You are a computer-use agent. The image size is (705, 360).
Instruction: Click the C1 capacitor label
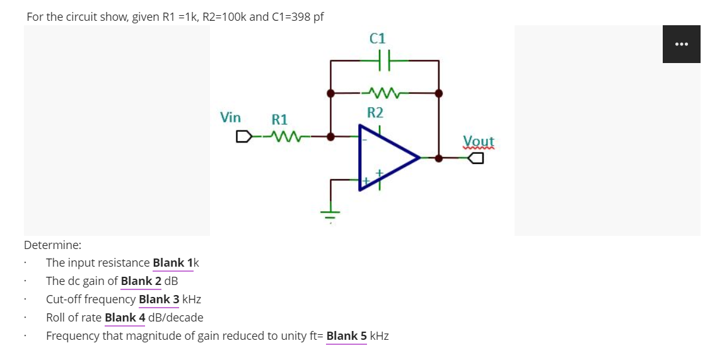coord(376,38)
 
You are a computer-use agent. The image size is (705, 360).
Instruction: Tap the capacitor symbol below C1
coord(385,61)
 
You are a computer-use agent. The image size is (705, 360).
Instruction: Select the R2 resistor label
coord(375,113)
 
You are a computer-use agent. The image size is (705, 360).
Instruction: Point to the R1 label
coord(279,119)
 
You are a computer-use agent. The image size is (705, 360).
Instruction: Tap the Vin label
coord(230,117)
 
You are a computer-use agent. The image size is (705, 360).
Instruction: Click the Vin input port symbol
coord(243,136)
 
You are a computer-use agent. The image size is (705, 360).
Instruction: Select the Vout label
coord(479,141)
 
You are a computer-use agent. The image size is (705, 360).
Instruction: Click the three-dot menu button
coord(681,44)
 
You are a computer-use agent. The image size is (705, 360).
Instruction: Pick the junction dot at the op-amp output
coord(439,158)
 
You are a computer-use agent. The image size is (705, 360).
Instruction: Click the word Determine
coord(52,245)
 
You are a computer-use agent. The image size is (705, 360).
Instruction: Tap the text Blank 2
coord(141,281)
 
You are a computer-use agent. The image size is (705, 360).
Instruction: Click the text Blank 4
coord(125,318)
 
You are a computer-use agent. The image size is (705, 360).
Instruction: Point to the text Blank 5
coord(346,336)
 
